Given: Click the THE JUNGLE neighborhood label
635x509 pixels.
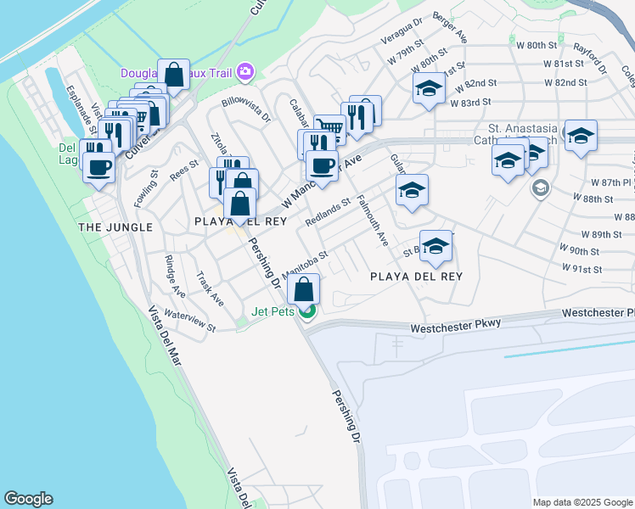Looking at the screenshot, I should pyautogui.click(x=115, y=227).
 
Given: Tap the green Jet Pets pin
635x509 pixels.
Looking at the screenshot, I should pyautogui.click(x=308, y=310).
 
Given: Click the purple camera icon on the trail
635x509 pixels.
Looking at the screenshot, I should pyautogui.click(x=246, y=72).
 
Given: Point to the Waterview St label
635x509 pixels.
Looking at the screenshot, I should pyautogui.click(x=190, y=320).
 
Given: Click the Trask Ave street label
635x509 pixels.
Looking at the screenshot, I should pyautogui.click(x=210, y=288).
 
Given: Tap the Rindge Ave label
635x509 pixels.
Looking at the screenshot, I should pyautogui.click(x=175, y=276).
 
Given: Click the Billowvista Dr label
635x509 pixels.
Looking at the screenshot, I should pyautogui.click(x=245, y=110).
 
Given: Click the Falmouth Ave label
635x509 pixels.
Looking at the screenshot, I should pyautogui.click(x=373, y=221).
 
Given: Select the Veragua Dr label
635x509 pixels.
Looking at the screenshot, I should pyautogui.click(x=402, y=35).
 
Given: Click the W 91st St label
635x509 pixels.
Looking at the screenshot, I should pyautogui.click(x=582, y=269).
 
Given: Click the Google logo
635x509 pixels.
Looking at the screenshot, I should pyautogui.click(x=28, y=499).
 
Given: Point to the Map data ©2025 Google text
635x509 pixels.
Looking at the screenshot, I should pyautogui.click(x=582, y=502).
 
